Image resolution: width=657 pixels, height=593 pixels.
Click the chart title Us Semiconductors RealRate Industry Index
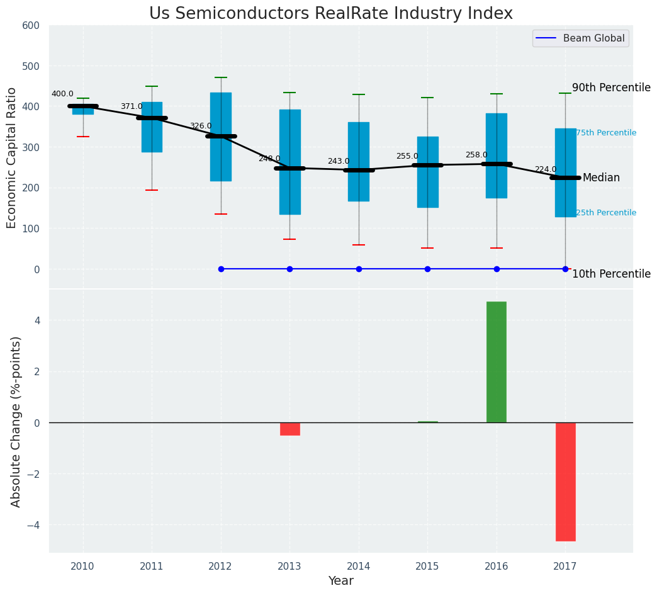(330, 14)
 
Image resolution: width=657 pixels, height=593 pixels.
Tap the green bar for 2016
(496, 362)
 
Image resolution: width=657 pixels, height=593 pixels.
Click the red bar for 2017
(565, 482)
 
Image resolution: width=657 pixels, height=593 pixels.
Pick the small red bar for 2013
(289, 429)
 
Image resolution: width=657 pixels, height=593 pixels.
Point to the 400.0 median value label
(62, 94)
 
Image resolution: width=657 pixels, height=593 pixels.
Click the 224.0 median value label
(546, 169)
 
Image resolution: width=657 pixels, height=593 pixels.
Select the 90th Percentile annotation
(611, 88)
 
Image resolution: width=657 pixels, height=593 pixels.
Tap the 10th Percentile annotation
(611, 274)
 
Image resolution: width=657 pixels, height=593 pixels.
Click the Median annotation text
(601, 178)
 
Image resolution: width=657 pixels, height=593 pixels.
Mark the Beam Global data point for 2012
(221, 269)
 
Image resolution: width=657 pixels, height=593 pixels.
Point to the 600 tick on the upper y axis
(31, 26)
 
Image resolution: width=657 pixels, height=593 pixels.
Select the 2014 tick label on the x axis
(358, 566)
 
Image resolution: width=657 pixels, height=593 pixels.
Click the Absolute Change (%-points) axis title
(16, 422)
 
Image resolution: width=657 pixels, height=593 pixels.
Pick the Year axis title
(340, 581)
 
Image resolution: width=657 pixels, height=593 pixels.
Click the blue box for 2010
(83, 110)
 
